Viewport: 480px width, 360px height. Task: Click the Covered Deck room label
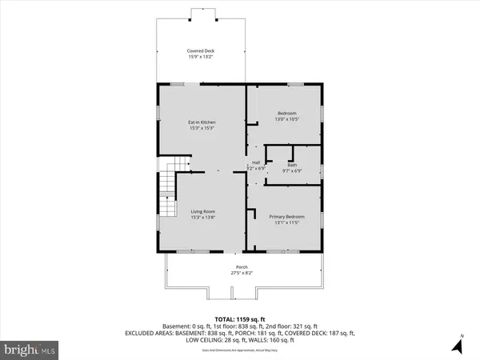201,50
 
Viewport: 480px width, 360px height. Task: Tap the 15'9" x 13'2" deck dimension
201,57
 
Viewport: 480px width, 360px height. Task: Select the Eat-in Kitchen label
202,122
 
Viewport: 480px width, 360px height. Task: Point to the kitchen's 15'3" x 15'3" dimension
202,128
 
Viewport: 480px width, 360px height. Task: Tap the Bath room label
292,165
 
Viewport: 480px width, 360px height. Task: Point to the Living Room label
202,211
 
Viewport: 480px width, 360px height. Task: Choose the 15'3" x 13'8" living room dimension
202,218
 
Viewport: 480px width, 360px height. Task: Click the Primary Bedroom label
286,217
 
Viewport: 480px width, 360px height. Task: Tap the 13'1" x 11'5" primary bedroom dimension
286,223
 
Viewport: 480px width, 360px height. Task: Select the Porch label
241,267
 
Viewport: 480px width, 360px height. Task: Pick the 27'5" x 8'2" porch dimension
241,274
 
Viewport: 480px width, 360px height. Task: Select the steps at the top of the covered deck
201,14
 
